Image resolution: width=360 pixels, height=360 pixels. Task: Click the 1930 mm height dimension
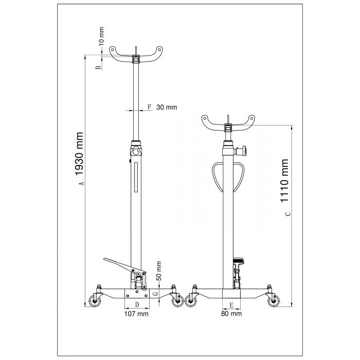79,154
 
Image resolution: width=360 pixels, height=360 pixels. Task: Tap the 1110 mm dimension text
284,181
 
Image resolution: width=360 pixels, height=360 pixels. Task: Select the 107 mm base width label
136,314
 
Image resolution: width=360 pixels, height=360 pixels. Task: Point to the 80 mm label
231,314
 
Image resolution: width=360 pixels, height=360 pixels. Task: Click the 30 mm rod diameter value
167,107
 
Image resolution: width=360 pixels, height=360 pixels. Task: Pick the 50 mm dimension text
159,271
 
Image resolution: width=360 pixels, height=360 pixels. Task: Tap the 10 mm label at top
101,36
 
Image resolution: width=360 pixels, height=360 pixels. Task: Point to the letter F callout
150,107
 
